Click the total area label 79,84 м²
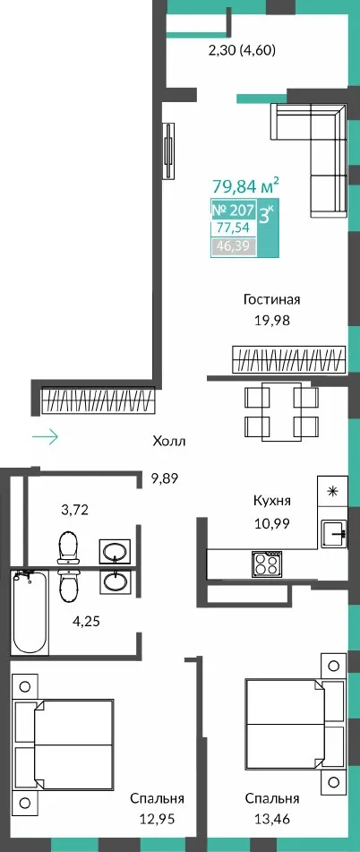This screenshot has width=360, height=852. [x=245, y=188]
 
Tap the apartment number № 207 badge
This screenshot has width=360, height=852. [x=233, y=210]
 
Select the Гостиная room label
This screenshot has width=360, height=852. [x=272, y=299]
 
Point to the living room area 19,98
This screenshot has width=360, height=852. [x=272, y=320]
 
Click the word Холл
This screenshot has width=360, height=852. [x=169, y=441]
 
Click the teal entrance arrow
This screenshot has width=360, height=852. [x=45, y=437]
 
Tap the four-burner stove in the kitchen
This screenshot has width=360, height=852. [x=266, y=563]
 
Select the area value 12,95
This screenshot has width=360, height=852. [x=157, y=819]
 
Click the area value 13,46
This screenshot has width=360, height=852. [x=272, y=819]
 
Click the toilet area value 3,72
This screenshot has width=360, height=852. [x=75, y=510]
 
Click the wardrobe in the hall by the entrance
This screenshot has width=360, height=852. [x=99, y=400]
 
